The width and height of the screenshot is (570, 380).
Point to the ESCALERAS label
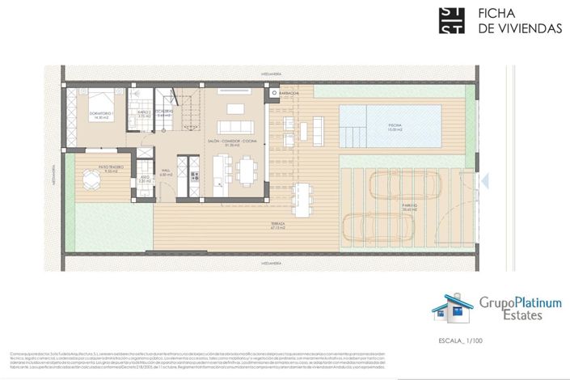165,112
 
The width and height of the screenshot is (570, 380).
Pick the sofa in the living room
237,128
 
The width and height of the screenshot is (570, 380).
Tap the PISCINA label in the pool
395,127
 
